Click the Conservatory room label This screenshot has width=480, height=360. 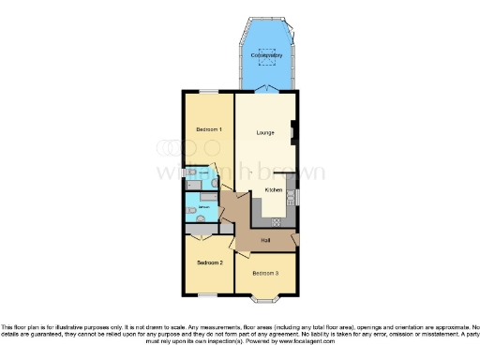point(267,56)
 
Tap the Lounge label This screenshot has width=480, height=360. point(265,132)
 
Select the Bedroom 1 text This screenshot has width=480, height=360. point(208,128)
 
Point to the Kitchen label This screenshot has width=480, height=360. point(274,190)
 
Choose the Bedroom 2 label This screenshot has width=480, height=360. point(208,263)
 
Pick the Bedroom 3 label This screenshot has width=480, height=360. point(265,273)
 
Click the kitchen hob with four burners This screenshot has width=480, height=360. point(277,223)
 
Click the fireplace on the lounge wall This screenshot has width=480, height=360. point(295,133)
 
